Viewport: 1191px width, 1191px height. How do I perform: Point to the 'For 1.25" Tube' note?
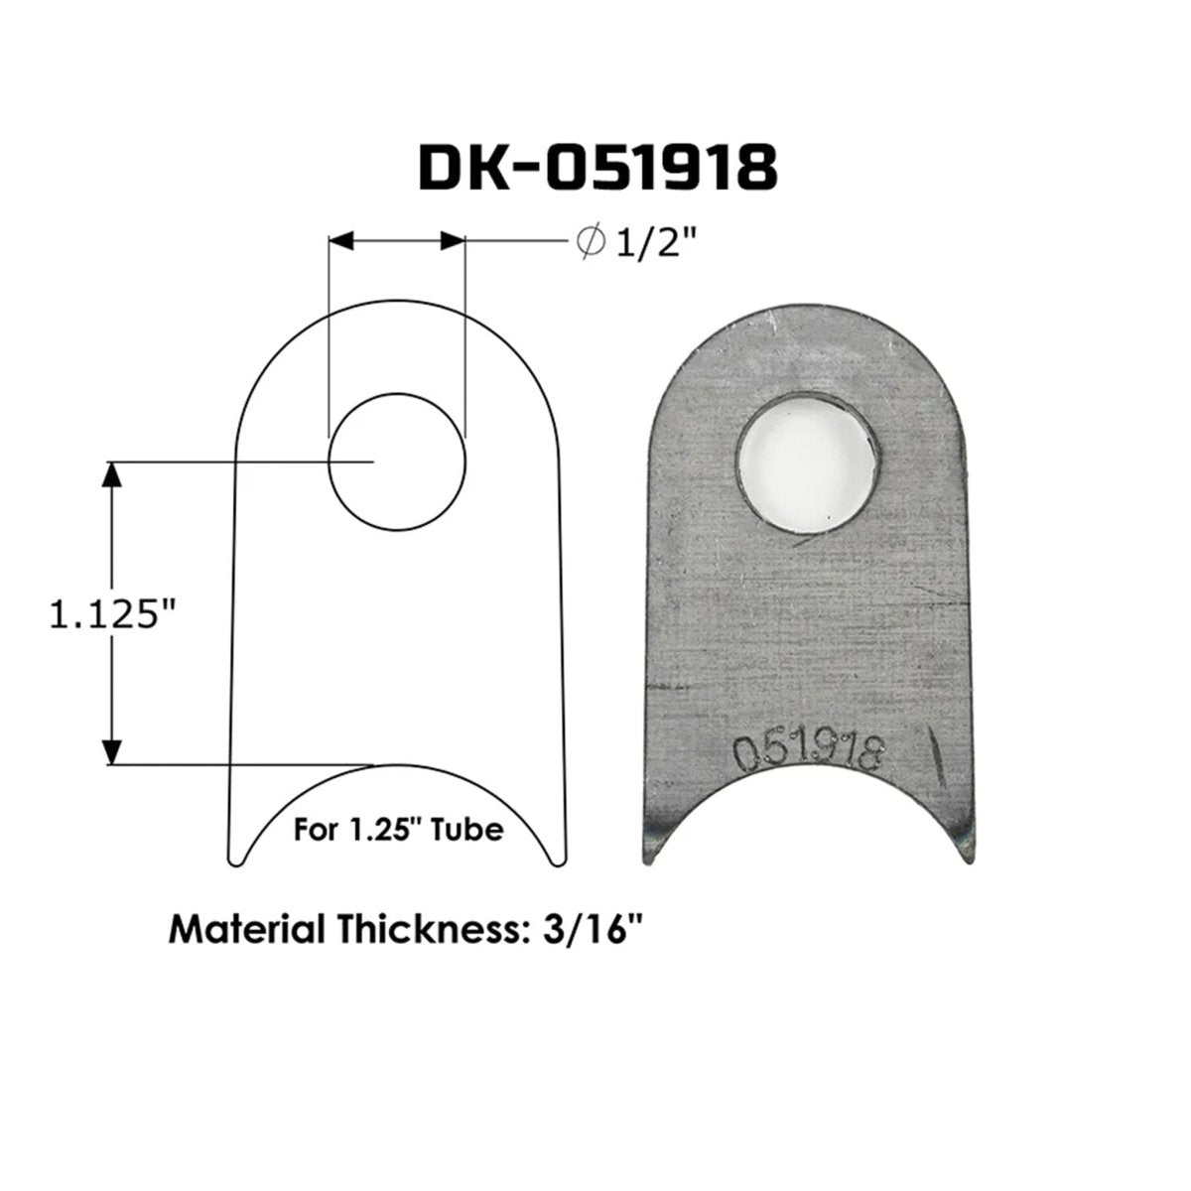click(x=397, y=830)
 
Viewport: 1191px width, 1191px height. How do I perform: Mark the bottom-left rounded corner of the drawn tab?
click(x=238, y=856)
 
